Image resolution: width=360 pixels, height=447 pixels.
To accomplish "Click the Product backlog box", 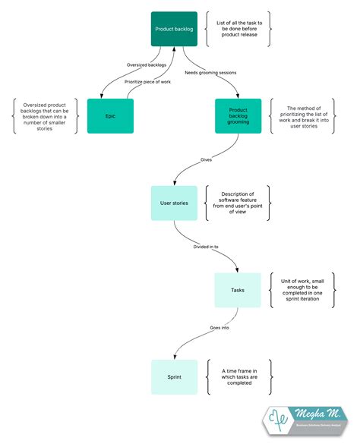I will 175,29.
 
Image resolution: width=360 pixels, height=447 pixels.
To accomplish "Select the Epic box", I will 110,115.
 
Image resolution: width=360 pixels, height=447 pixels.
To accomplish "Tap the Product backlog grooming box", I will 238,115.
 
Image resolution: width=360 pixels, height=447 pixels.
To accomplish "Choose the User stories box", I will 174,203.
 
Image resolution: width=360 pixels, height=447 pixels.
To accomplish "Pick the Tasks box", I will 238,290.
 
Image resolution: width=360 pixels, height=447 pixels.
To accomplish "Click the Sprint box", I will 174,376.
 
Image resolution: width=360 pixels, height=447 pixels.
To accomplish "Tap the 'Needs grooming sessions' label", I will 210,73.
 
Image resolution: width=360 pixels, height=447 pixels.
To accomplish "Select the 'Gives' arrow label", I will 206,160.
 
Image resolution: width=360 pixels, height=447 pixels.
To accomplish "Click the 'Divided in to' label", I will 207,246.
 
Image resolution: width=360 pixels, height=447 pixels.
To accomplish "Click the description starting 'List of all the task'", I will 238,29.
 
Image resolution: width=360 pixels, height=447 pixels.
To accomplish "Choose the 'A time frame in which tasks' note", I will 238,376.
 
